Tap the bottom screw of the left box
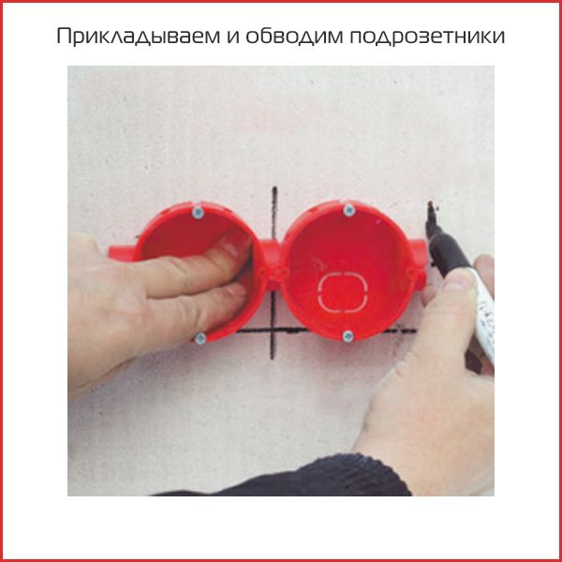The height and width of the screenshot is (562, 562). coord(199,337)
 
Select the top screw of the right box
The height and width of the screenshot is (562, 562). coord(348,208)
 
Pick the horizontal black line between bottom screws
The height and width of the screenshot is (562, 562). coord(272,331)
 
